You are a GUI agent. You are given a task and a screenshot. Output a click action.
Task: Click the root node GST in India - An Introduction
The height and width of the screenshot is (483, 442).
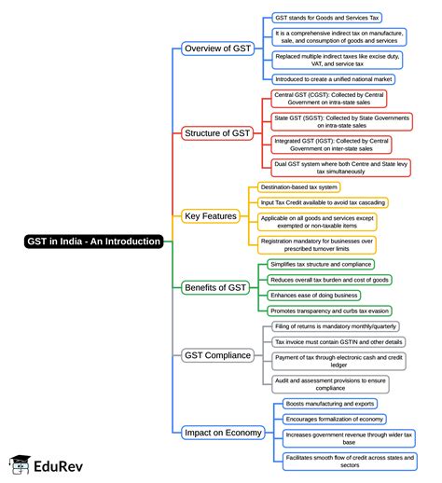pos(93,241)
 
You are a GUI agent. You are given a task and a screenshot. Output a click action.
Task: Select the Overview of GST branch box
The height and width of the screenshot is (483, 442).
pos(216,48)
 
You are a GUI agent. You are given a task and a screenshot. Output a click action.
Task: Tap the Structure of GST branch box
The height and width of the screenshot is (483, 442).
pos(217,133)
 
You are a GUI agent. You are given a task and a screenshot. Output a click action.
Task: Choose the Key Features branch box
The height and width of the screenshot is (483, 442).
pos(211,215)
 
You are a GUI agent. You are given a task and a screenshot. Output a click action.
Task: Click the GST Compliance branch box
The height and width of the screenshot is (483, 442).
pos(216,355)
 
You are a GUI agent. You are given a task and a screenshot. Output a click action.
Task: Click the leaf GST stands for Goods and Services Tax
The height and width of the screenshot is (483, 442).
pos(326,17)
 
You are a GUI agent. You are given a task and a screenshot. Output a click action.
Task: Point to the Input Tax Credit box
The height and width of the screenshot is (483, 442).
pos(323,202)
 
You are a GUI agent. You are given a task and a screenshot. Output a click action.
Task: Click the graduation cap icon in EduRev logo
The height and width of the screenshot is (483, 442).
pos(19,463)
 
